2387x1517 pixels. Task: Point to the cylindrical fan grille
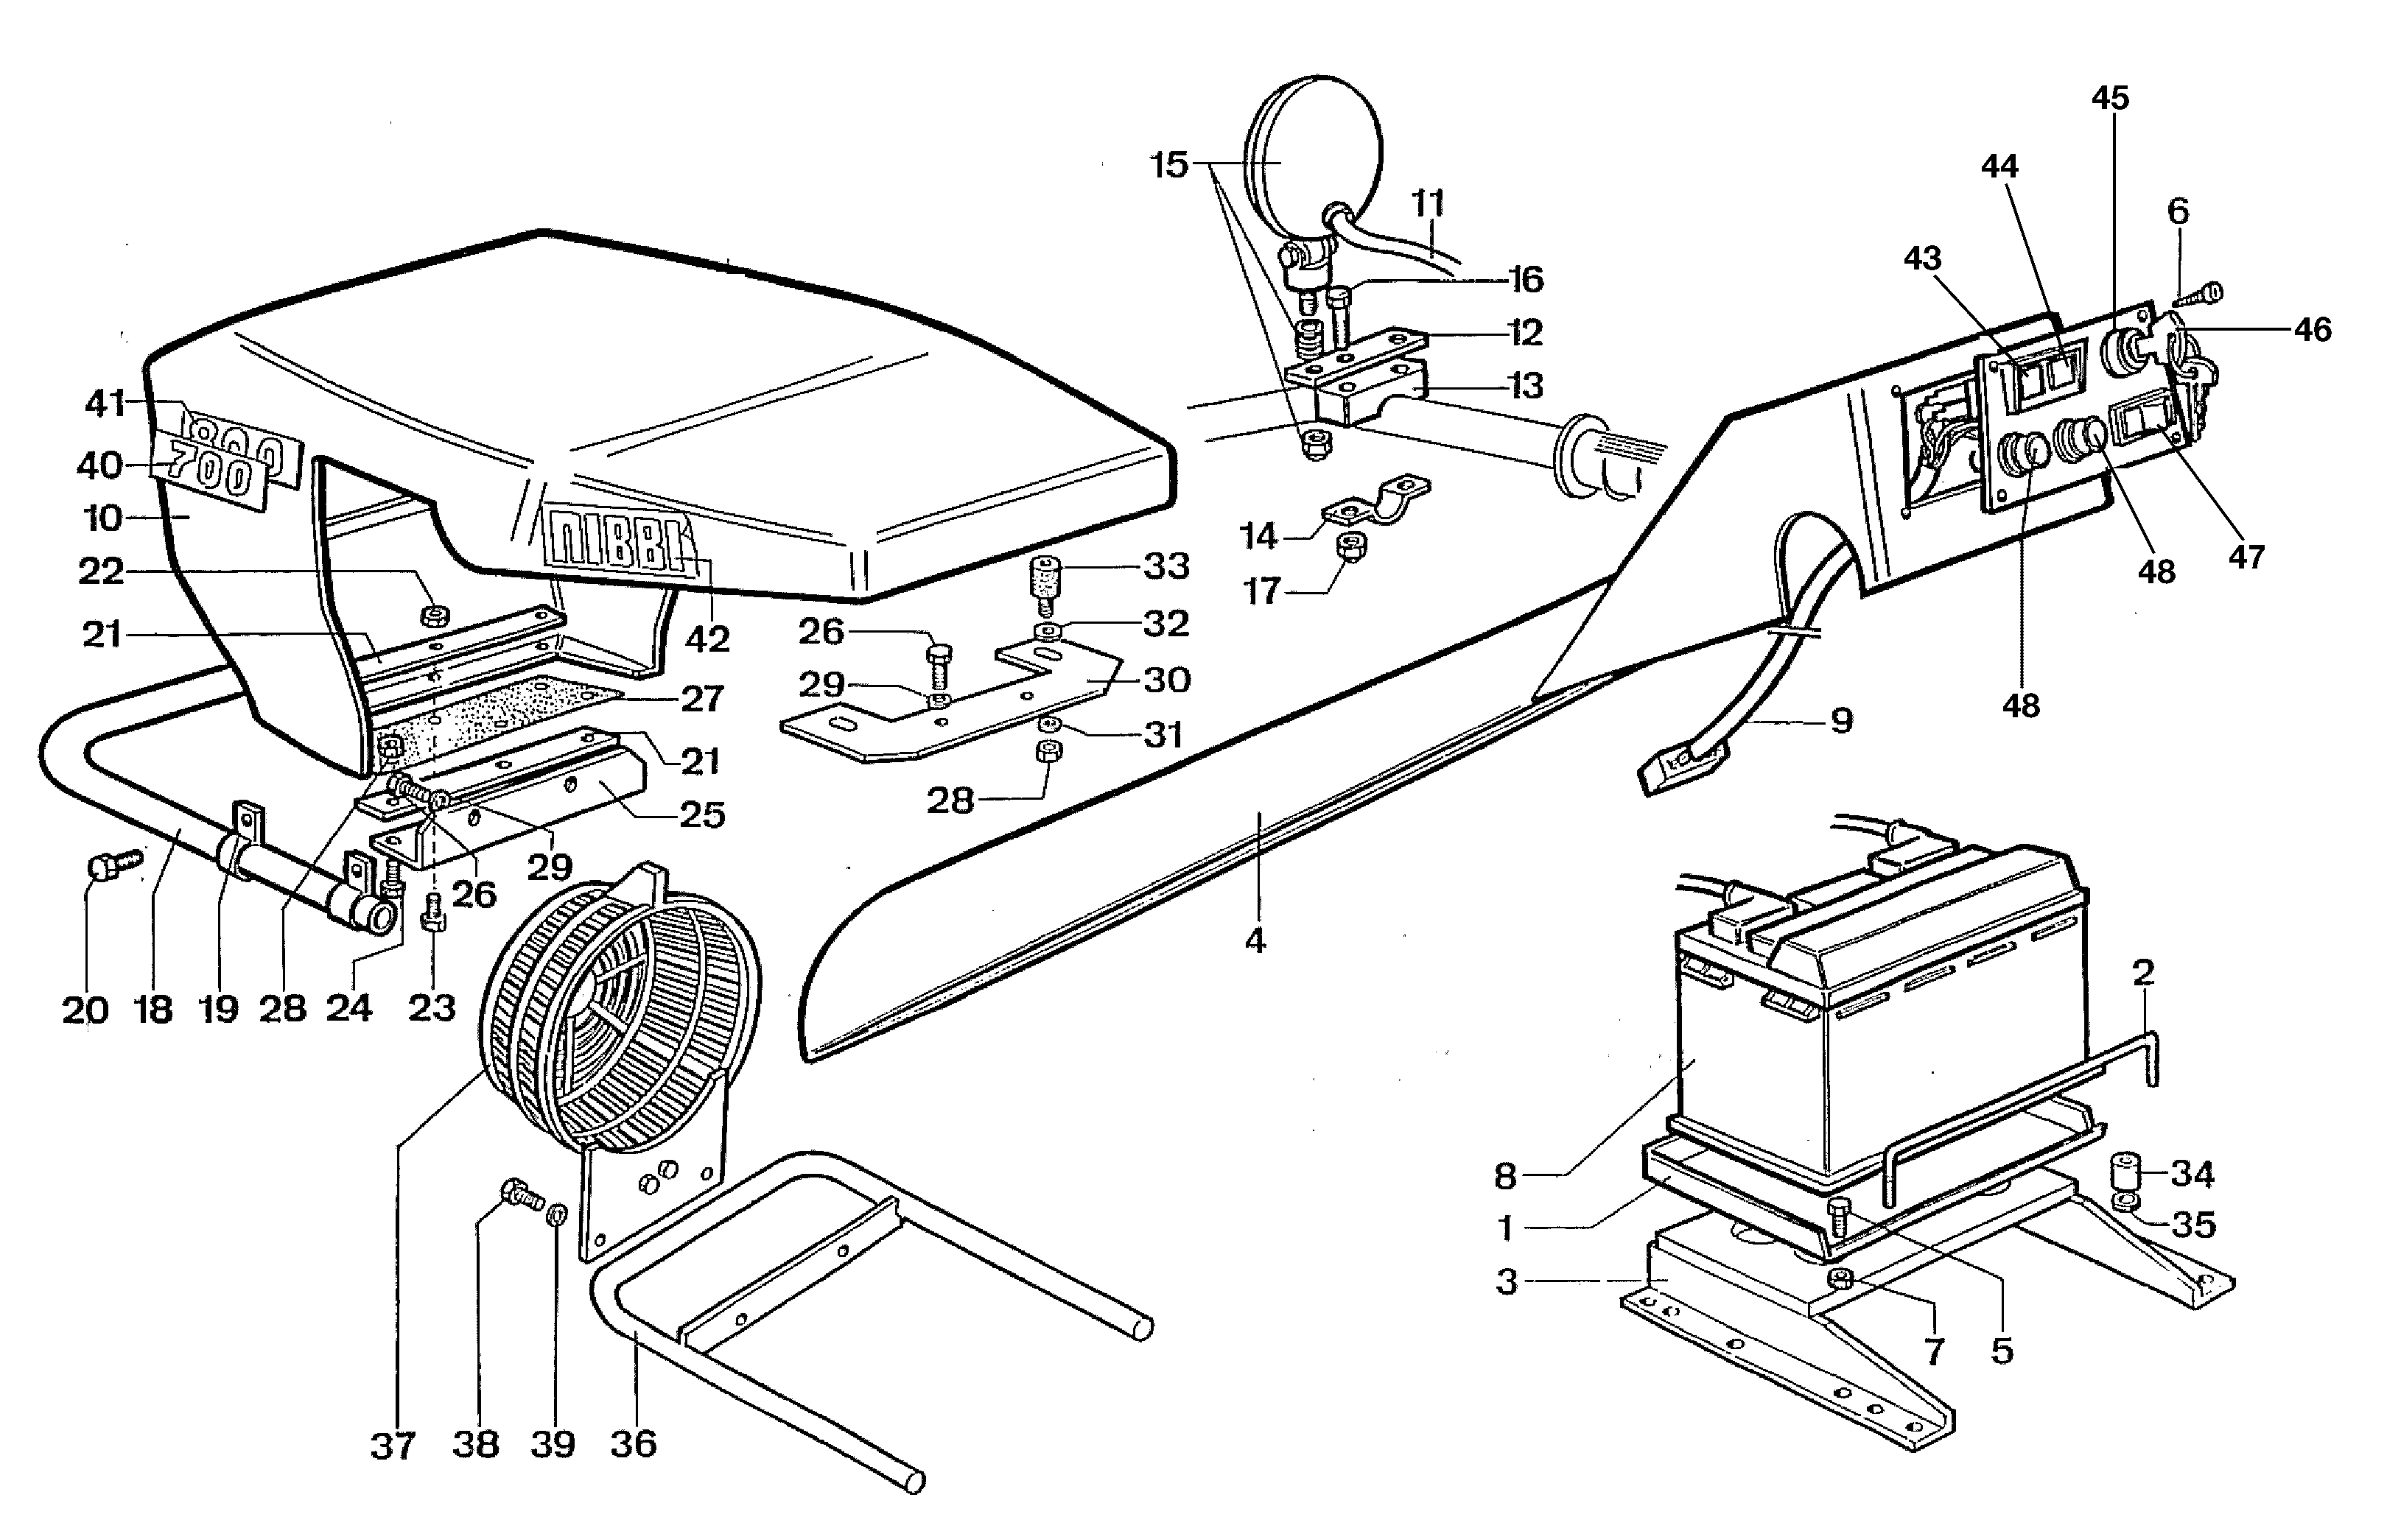pyautogui.click(x=620, y=1010)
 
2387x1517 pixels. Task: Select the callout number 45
pyautogui.click(x=2111, y=98)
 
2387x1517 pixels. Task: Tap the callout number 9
pyautogui.click(x=1841, y=720)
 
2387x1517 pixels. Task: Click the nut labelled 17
pyautogui.click(x=1349, y=545)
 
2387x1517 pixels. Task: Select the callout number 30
pyautogui.click(x=1167, y=680)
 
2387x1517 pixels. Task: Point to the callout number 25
pyautogui.click(x=702, y=814)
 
